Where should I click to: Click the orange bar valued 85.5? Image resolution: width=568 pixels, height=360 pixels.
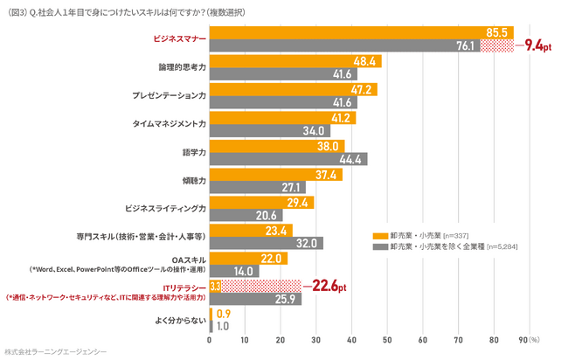[358, 33]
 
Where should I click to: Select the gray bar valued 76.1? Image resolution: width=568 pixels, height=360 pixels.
[344, 46]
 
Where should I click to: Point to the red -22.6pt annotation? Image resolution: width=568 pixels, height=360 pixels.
[325, 286]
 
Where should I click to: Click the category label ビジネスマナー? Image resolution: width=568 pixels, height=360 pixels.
[179, 40]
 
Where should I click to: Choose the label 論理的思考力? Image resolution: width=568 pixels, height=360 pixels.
[182, 68]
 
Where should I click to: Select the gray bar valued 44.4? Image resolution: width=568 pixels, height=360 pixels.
[288, 159]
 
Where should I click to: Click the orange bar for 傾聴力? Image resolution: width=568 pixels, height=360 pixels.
[276, 174]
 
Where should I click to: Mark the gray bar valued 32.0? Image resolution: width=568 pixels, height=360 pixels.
[267, 243]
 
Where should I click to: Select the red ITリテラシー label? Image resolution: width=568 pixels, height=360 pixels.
[184, 287]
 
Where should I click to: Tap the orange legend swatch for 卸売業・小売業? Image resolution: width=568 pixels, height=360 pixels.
[380, 235]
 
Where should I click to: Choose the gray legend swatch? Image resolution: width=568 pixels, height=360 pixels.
[380, 246]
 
